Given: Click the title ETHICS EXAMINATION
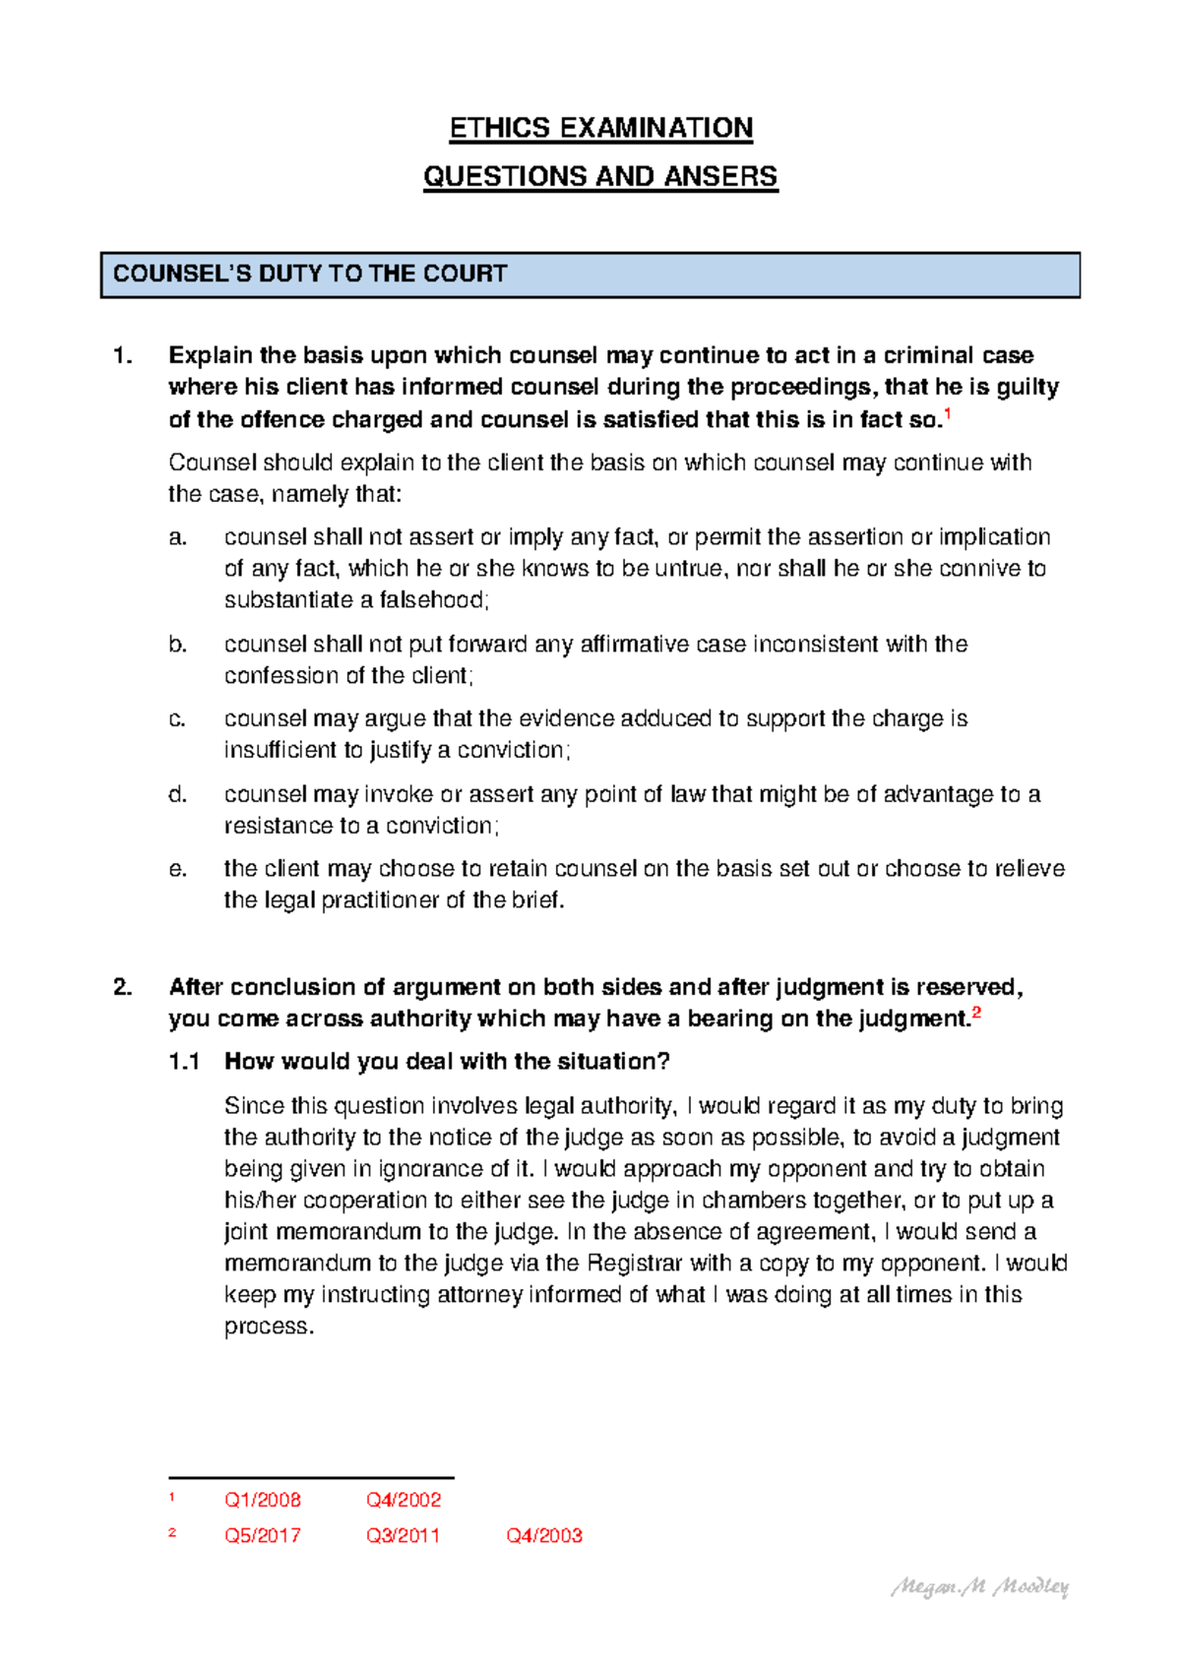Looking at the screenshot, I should click(x=600, y=128).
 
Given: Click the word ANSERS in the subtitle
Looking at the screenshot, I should click(x=720, y=177).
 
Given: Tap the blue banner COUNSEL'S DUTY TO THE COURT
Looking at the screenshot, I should click(x=590, y=275).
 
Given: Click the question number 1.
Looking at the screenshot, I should click(x=123, y=355).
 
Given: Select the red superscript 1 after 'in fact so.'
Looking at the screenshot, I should click(x=947, y=414).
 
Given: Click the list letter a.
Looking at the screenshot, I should click(x=177, y=537).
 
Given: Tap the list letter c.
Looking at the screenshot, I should click(x=177, y=719).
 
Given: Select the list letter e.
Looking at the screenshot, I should click(x=177, y=869).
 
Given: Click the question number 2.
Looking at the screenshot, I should click(x=123, y=987).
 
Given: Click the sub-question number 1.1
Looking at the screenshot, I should click(x=184, y=1062).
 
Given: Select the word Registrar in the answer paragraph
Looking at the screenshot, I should click(x=634, y=1264).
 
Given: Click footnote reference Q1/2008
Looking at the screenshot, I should click(x=263, y=1501).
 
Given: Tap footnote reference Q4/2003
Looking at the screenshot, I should click(x=544, y=1536).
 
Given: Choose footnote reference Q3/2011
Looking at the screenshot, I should click(x=404, y=1536).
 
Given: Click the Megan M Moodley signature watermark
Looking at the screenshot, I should click(x=979, y=1586).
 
